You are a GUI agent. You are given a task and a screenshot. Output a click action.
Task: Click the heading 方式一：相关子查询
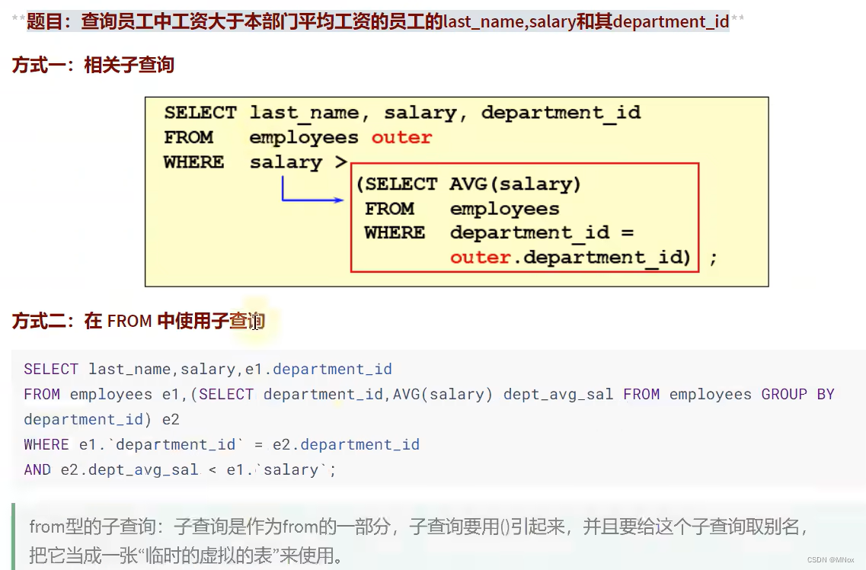point(93,66)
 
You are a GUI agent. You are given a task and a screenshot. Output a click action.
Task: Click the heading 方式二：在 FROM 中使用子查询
point(138,322)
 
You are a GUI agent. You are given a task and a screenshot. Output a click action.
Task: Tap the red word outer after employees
point(401,138)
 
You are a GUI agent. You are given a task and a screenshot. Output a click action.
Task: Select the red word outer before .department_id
point(480,258)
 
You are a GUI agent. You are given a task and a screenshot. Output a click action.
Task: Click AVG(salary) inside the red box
point(515,184)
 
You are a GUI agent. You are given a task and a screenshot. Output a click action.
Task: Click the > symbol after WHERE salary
point(340,162)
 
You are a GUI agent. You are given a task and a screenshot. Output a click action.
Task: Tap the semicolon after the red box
point(713,258)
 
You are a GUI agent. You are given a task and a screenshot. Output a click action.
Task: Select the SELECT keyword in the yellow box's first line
point(200,114)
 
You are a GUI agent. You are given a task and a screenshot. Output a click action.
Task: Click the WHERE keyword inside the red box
point(395,233)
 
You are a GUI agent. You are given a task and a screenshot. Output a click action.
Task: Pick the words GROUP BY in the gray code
point(797,394)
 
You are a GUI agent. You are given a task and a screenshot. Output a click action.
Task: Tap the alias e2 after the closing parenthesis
point(170,419)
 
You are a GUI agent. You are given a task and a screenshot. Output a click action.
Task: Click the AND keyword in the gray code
point(37,469)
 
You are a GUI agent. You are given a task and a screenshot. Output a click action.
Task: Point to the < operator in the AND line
point(213,469)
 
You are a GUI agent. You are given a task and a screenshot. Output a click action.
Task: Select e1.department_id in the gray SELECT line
point(318,370)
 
